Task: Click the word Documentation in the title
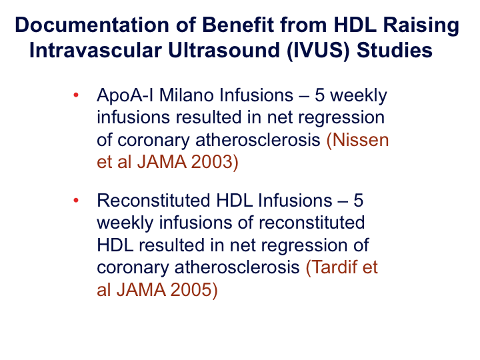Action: (x=92, y=25)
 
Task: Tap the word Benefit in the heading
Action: (x=238, y=25)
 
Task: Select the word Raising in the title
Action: (x=421, y=26)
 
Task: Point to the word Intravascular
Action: (x=95, y=50)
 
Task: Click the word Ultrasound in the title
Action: (x=224, y=50)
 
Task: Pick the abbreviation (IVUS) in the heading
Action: (x=318, y=51)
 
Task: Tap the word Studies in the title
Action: (x=394, y=50)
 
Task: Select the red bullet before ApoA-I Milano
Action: (x=76, y=95)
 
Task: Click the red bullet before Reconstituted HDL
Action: (x=76, y=201)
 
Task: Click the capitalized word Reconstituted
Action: (x=153, y=201)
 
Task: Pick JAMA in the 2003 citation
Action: (x=161, y=161)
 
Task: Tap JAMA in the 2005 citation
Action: (x=141, y=289)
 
